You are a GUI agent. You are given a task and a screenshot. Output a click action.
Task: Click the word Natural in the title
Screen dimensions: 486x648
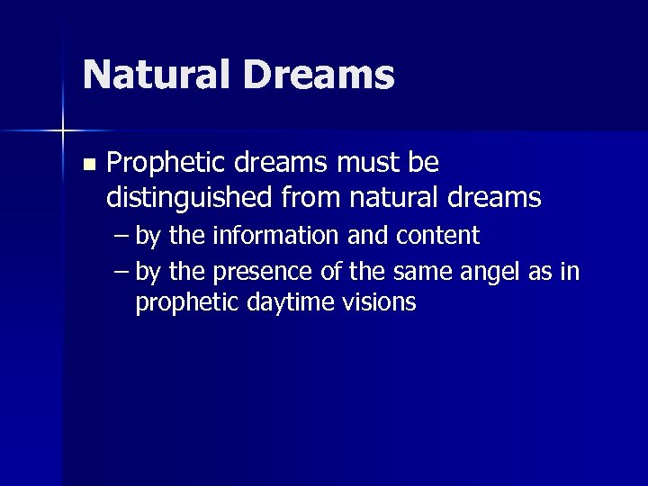pos(158,75)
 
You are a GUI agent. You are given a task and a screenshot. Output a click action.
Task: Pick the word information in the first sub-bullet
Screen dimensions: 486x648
pos(275,236)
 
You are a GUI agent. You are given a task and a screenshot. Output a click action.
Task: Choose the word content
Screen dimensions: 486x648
pos(436,236)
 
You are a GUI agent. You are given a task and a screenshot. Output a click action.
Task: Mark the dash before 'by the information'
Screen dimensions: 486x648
pos(121,237)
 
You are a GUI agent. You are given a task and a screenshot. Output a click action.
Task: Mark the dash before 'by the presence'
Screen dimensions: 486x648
pos(121,272)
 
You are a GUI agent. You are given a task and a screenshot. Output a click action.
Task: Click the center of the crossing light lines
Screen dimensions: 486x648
pos(63,131)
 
